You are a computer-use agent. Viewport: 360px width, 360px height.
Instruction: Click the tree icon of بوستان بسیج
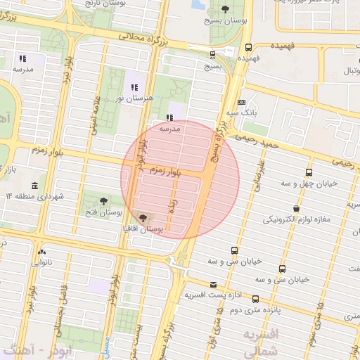pos(224,9)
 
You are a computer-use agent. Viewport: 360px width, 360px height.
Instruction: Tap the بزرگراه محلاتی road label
pos(148,37)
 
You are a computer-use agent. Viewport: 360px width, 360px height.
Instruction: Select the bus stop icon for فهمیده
pos(247,48)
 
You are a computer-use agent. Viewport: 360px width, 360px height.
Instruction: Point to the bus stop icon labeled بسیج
pos(212,54)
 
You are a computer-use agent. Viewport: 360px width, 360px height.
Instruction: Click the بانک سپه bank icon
pos(242,101)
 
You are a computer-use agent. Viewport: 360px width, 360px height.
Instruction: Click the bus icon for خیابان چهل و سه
pos(309,172)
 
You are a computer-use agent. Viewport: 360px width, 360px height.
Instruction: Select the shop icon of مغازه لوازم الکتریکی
pos(297,209)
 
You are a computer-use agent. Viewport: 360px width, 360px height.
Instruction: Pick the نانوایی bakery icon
pos(43,251)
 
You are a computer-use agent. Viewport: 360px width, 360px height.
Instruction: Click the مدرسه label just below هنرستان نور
pos(170,129)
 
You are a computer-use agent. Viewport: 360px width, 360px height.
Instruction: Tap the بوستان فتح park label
pos(104,212)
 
